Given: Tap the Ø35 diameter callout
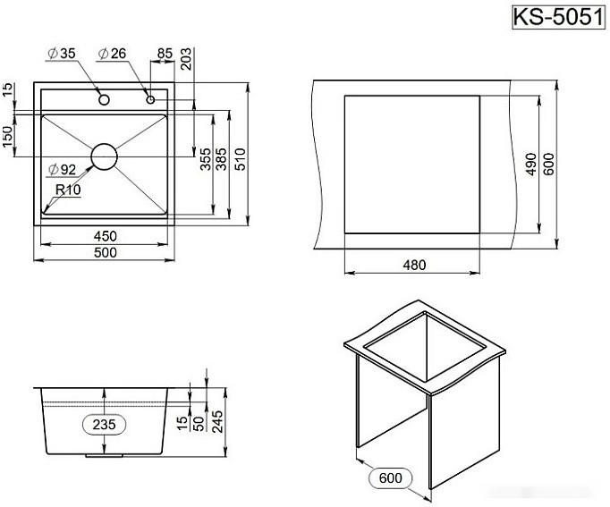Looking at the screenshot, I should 62,55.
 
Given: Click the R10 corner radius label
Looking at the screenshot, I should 67,190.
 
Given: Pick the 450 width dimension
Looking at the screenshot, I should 106,236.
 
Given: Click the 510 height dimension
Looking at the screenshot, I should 241,159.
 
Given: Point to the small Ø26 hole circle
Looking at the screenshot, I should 151,98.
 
